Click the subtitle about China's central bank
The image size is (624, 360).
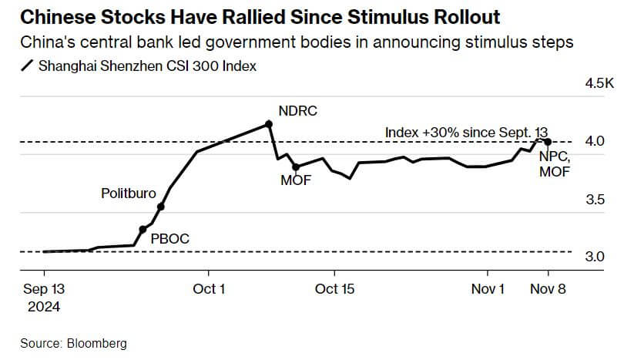pos(296,42)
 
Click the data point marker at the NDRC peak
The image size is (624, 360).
pos(268,123)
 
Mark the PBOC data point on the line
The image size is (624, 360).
pos(143,230)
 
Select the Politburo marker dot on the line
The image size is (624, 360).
pos(161,207)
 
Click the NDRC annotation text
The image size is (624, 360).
pos(297,111)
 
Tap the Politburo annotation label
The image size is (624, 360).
pos(129,193)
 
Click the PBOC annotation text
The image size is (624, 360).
pos(169,240)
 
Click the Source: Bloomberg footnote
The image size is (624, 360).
pos(74,343)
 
